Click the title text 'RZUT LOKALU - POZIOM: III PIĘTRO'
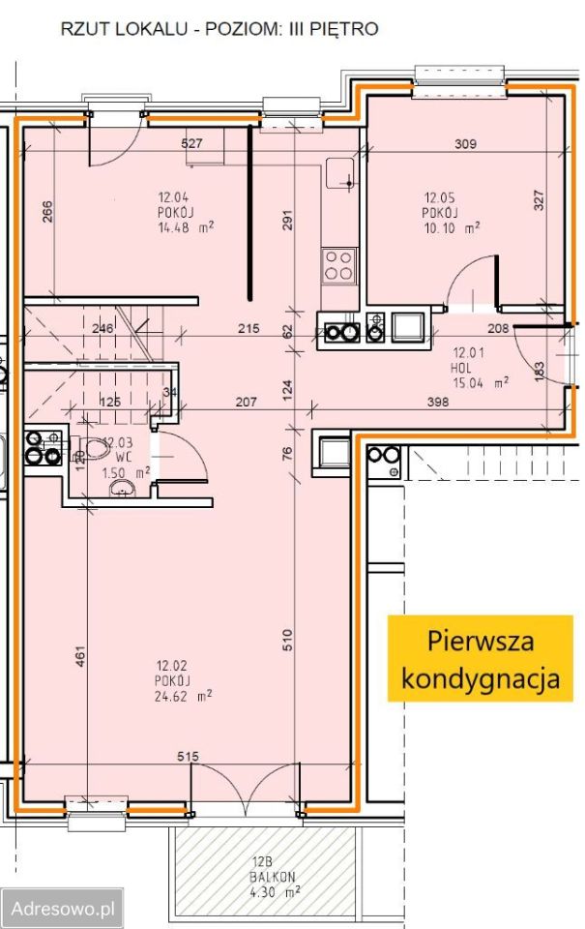(x=219, y=29)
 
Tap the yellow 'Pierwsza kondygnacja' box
(x=481, y=658)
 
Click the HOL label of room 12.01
(x=462, y=369)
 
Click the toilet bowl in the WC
(x=94, y=448)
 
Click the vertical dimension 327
(x=539, y=199)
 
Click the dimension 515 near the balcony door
(x=190, y=755)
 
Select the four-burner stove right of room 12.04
(x=338, y=265)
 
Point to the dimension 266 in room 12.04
(x=46, y=212)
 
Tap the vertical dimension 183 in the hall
(x=539, y=370)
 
